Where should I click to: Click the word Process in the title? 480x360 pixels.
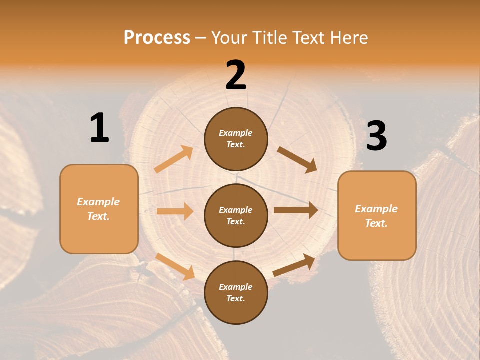tap(157, 37)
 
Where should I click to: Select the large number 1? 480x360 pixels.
tap(99, 128)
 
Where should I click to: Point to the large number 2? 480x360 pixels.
tap(236, 75)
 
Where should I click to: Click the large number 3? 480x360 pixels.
tap(376, 136)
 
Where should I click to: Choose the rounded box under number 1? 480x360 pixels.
tap(99, 209)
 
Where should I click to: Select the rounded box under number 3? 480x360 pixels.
tap(377, 215)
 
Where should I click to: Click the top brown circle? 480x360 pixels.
tap(236, 139)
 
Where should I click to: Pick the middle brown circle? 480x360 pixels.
tap(236, 215)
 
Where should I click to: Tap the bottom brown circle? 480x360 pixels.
tap(236, 292)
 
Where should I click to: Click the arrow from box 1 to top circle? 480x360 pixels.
tap(173, 159)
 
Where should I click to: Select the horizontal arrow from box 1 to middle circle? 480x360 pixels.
tap(174, 211)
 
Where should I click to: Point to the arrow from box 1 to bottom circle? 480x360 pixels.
tap(175, 266)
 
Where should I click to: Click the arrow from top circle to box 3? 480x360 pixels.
tap(297, 159)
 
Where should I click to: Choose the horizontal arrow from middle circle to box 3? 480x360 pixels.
tap(295, 210)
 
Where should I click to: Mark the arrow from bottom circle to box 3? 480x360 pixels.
tap(294, 265)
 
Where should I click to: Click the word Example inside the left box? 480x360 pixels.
tap(98, 202)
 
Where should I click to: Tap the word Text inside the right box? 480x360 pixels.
tap(376, 223)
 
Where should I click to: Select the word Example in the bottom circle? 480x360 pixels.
tap(235, 287)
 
